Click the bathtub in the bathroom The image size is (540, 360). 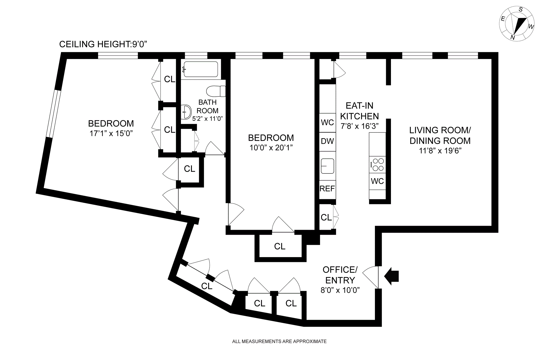(200, 69)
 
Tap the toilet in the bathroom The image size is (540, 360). (216, 91)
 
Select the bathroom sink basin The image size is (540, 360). (186, 112)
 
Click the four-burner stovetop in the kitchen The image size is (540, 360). (377, 165)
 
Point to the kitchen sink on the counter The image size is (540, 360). (328, 166)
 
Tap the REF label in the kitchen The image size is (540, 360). (327, 189)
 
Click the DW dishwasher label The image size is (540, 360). (327, 141)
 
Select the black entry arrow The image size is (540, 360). (392, 276)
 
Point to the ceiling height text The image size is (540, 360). (103, 44)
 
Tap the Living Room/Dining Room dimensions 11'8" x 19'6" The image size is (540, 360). (440, 151)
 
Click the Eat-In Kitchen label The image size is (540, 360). (359, 111)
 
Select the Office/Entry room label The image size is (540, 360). (340, 275)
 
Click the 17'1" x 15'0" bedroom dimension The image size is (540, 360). (111, 133)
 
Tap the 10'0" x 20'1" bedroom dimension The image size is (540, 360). (271, 148)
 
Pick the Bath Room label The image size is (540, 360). (208, 106)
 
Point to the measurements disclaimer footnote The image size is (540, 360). (279, 341)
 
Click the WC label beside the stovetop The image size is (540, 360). (377, 181)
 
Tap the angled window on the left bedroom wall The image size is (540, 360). (53, 114)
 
